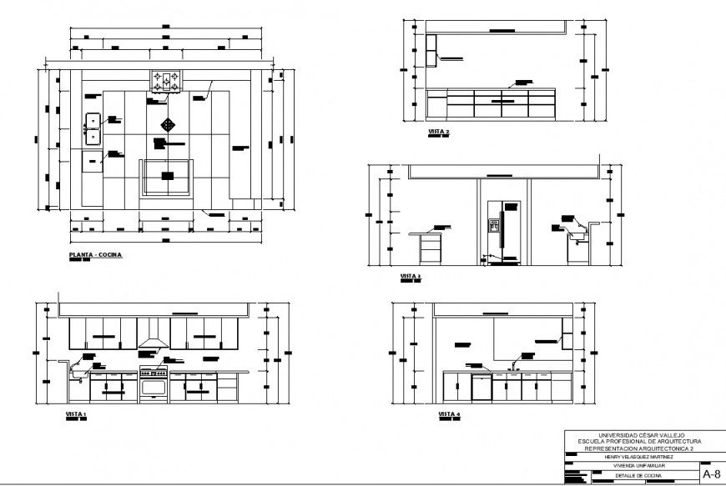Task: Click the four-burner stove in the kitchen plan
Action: point(165,82)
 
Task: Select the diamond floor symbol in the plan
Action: point(169,124)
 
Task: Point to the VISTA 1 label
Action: point(76,413)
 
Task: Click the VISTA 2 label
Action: point(439,133)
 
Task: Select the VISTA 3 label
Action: point(411,276)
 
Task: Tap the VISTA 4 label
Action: point(449,413)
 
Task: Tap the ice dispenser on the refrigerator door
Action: point(493,223)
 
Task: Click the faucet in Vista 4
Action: point(516,364)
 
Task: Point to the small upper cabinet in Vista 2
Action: point(431,52)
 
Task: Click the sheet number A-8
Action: point(712,473)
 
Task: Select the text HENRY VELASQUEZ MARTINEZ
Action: point(633,457)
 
